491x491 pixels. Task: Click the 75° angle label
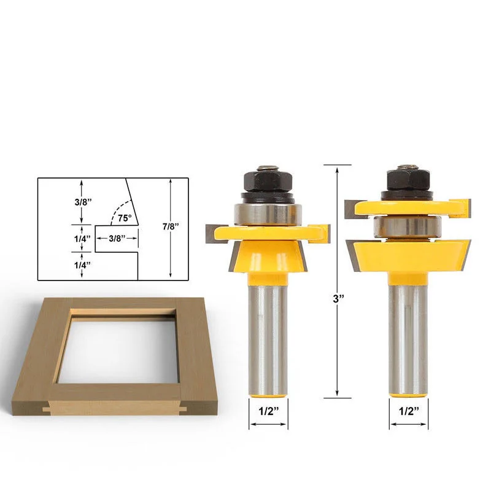point(125,218)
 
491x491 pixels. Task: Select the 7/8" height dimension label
point(171,226)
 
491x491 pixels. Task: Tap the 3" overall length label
point(338,299)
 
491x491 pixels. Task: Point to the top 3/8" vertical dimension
point(83,202)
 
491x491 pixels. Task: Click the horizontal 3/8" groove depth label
point(117,238)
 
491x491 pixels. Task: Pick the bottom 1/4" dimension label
point(82,265)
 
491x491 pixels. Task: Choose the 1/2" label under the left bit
point(269,411)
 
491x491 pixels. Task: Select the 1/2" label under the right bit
point(409,411)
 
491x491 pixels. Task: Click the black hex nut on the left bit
point(268,182)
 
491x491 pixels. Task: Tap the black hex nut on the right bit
point(408,180)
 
